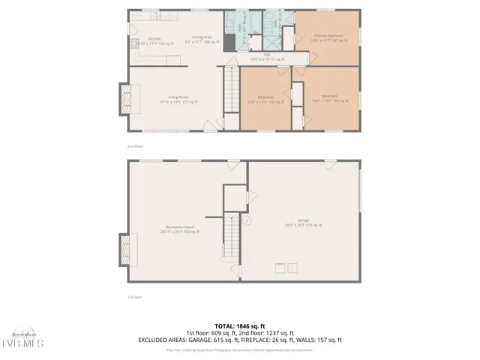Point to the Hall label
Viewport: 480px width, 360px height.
[266, 56]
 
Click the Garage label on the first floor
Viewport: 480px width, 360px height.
[303, 223]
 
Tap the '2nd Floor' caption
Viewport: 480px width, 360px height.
[134, 147]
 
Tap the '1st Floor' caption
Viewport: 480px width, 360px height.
[134, 297]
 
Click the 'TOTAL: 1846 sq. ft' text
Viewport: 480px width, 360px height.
[240, 326]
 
